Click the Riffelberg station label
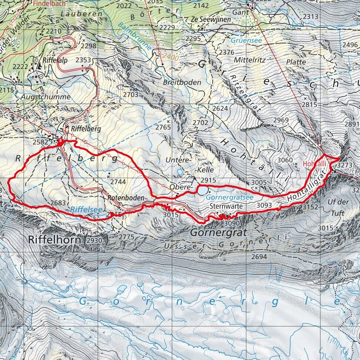tap(80, 129)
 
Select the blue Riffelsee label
tap(81, 210)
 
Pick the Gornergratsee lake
tap(202, 191)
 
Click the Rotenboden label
tap(126, 198)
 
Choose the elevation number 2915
tap(208, 180)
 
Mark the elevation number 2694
tap(260, 257)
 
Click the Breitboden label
tap(182, 82)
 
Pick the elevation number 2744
tap(118, 182)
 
